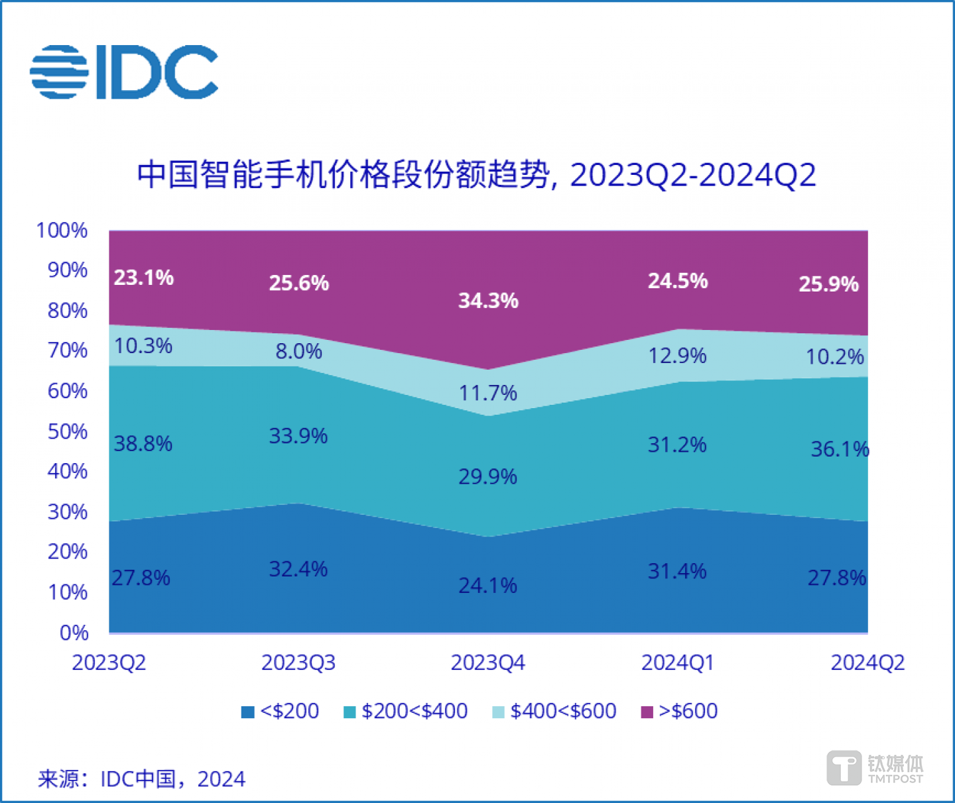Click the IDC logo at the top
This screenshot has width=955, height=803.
(x=124, y=72)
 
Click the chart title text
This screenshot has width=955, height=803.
(x=476, y=175)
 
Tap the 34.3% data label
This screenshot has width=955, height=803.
(x=488, y=301)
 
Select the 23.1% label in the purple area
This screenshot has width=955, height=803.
(x=143, y=278)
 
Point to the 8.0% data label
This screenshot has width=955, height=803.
(x=298, y=351)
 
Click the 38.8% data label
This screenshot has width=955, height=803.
(x=143, y=443)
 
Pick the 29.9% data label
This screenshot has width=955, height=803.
(x=487, y=476)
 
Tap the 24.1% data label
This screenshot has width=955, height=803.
(x=487, y=585)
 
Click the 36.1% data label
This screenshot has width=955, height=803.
(x=840, y=449)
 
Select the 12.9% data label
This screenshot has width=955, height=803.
(x=677, y=356)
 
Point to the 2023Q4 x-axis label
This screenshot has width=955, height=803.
(x=487, y=663)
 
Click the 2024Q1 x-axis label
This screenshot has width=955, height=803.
(x=677, y=663)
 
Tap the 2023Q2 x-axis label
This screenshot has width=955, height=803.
(x=109, y=663)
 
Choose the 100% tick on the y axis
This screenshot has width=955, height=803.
(x=62, y=231)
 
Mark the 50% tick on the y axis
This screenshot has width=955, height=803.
(x=67, y=432)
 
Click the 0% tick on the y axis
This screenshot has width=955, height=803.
(x=74, y=633)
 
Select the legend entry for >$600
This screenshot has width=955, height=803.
(x=680, y=711)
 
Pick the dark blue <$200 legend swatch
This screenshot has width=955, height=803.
(x=247, y=712)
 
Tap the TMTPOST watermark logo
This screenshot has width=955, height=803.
(x=875, y=769)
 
